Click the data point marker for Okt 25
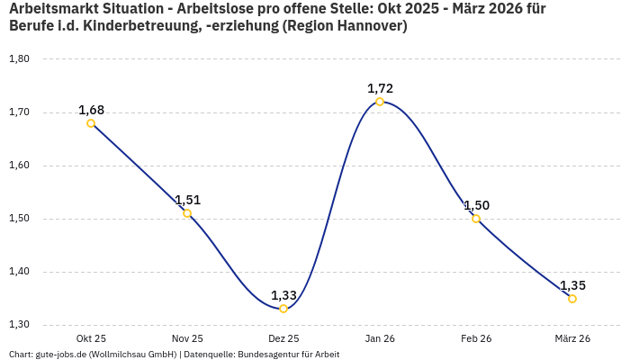pyautogui.click(x=91, y=123)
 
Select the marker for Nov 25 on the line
pyautogui.click(x=187, y=213)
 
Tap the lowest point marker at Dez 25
pyautogui.click(x=283, y=309)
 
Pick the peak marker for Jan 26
pyautogui.click(x=380, y=102)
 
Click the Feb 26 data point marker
pyautogui.click(x=476, y=219)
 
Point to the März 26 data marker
pyautogui.click(x=572, y=299)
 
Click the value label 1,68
pyautogui.click(x=91, y=110)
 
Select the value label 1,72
pyautogui.click(x=380, y=88)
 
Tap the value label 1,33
pyautogui.click(x=283, y=295)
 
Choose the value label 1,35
pyautogui.click(x=572, y=285)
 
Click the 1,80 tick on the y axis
pyautogui.click(x=19, y=59)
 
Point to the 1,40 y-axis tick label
pyautogui.click(x=19, y=272)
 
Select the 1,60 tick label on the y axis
pyautogui.click(x=19, y=166)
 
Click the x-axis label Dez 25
pyautogui.click(x=283, y=338)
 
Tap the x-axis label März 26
pyautogui.click(x=572, y=338)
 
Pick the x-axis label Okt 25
pyautogui.click(x=91, y=338)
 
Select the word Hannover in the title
pyautogui.click(x=369, y=27)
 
